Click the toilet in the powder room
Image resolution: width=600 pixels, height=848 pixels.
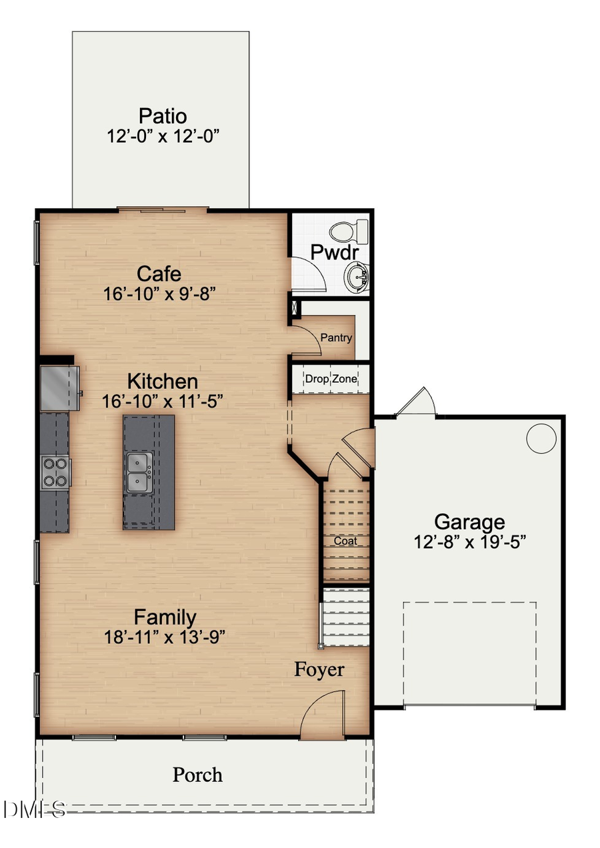point(349,232)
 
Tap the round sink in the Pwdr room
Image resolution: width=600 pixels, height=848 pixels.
point(357,276)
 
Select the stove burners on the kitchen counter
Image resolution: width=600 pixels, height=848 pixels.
point(55,471)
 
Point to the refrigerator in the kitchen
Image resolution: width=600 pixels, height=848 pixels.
point(60,388)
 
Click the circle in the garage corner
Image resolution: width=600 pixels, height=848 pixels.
point(541,438)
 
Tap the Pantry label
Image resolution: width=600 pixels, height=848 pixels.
point(336,338)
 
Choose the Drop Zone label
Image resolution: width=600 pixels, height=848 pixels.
point(331,379)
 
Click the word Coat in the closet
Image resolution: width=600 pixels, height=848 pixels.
point(346,541)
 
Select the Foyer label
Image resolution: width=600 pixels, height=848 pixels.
point(319,669)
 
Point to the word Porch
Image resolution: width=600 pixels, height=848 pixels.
point(197,775)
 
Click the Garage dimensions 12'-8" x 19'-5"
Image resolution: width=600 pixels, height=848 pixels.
point(470,541)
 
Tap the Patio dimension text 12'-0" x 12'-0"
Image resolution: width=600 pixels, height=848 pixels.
point(163,136)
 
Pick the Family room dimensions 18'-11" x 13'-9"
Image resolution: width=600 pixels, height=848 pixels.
point(165,637)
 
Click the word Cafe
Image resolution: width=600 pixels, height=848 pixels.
point(159,274)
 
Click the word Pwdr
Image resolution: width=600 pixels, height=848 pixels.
point(335,253)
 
